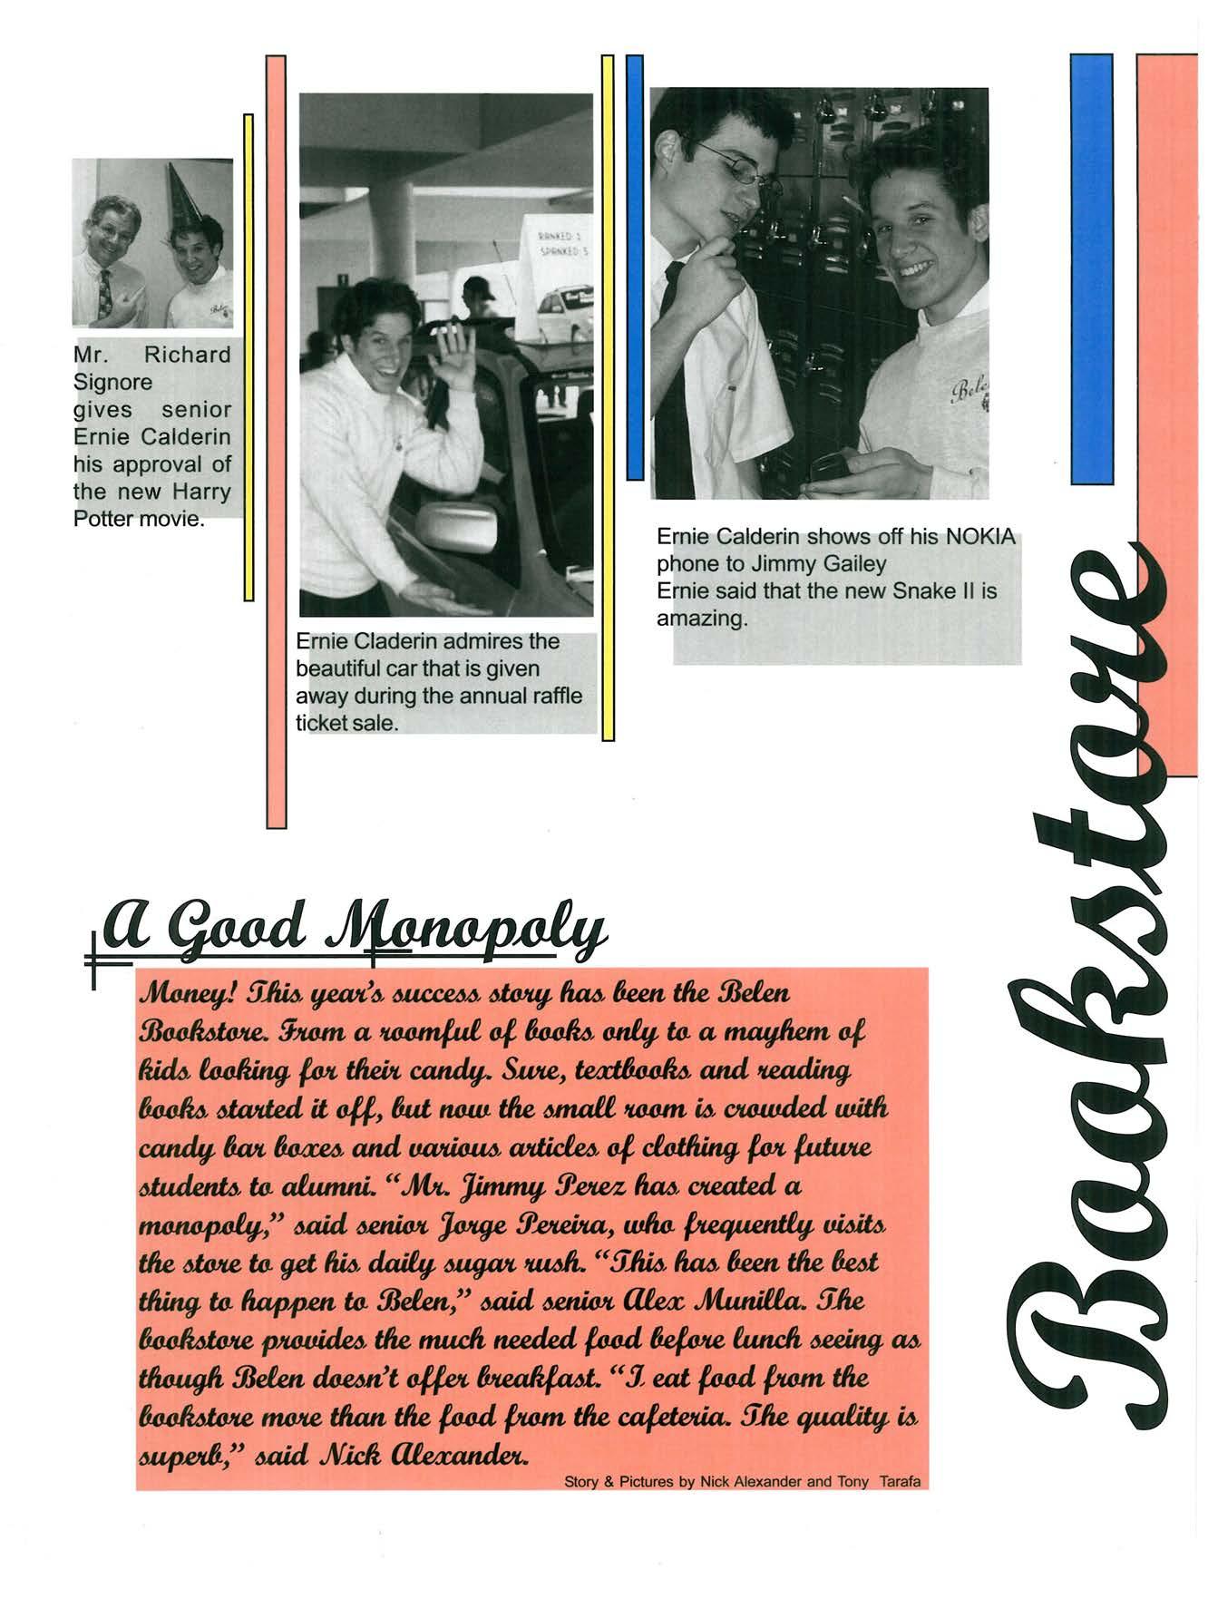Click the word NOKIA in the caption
pyautogui.click(x=980, y=536)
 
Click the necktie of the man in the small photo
pyautogui.click(x=105, y=292)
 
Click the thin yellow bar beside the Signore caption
pyautogui.click(x=248, y=356)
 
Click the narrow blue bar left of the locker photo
pyautogui.click(x=635, y=268)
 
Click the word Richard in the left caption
pyautogui.click(x=188, y=355)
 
